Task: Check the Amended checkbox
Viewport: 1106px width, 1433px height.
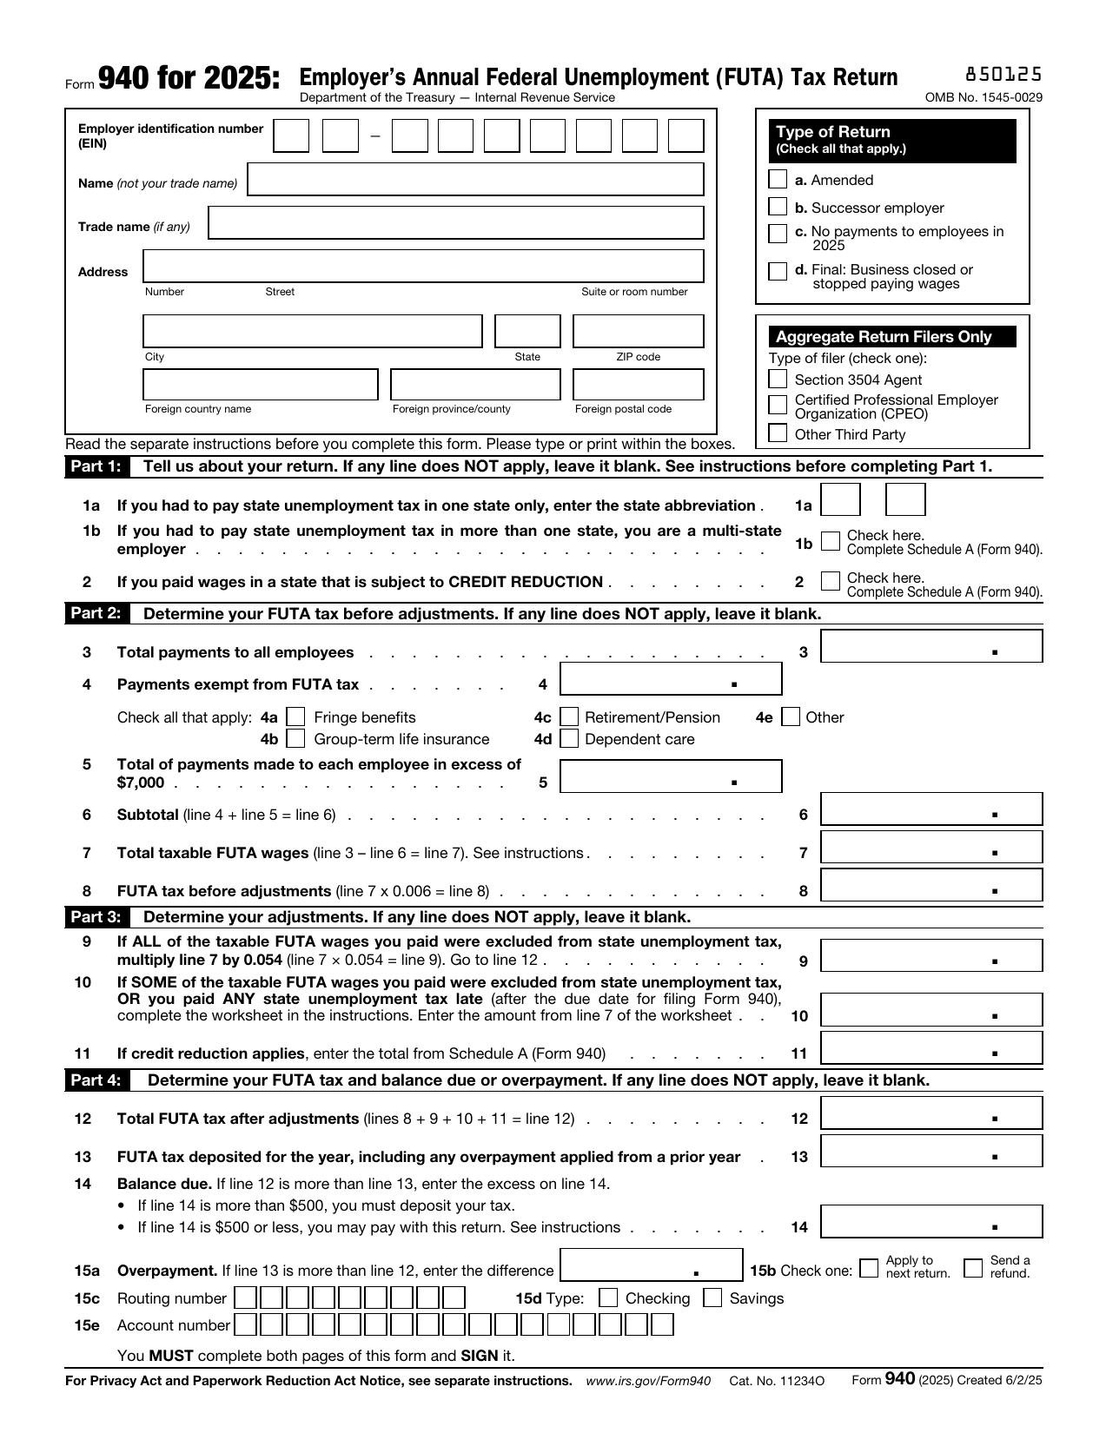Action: click(x=778, y=180)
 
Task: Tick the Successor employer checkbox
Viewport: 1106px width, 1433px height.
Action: click(x=778, y=208)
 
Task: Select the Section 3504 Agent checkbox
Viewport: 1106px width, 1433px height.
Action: click(x=778, y=380)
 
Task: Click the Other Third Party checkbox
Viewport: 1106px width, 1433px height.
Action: click(x=778, y=434)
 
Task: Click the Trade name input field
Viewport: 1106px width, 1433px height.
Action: click(x=456, y=223)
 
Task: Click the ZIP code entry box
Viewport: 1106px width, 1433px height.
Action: click(x=638, y=332)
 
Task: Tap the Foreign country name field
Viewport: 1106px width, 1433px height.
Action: click(x=261, y=385)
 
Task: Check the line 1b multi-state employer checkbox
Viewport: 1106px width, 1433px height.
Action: click(x=831, y=541)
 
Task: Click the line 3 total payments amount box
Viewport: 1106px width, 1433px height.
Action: click(x=930, y=646)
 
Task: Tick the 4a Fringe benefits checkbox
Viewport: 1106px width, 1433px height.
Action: click(x=296, y=717)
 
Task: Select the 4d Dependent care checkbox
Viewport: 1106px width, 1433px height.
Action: click(x=569, y=739)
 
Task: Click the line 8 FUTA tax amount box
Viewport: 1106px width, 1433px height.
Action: click(x=930, y=886)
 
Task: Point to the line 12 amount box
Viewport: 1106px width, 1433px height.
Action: click(x=930, y=1113)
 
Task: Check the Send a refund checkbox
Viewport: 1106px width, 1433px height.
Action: click(x=973, y=1268)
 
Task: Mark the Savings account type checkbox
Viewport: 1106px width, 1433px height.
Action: click(x=712, y=1298)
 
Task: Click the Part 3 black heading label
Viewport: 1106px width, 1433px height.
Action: click(x=96, y=917)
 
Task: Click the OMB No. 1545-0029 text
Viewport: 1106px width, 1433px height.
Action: click(x=983, y=97)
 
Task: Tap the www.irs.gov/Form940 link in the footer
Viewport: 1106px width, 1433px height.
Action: click(x=648, y=1381)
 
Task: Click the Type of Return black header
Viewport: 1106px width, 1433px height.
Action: click(x=892, y=140)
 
